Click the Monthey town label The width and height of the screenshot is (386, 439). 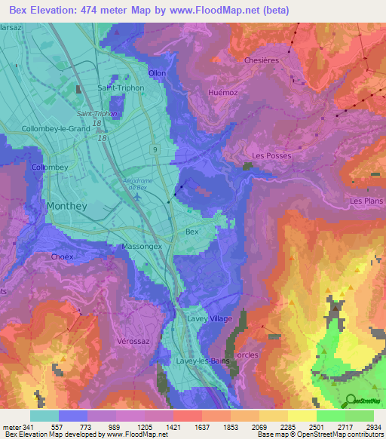coord(67,205)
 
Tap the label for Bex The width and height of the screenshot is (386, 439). coord(192,232)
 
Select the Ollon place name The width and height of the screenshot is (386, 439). coord(157,73)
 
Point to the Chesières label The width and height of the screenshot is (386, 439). coord(262,60)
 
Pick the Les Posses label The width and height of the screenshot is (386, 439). coord(271,155)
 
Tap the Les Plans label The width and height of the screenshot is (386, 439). coord(366,201)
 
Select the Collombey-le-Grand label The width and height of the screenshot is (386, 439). coord(57,128)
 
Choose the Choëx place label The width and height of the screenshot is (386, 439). coord(62,256)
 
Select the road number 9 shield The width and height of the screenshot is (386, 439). coord(154,151)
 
